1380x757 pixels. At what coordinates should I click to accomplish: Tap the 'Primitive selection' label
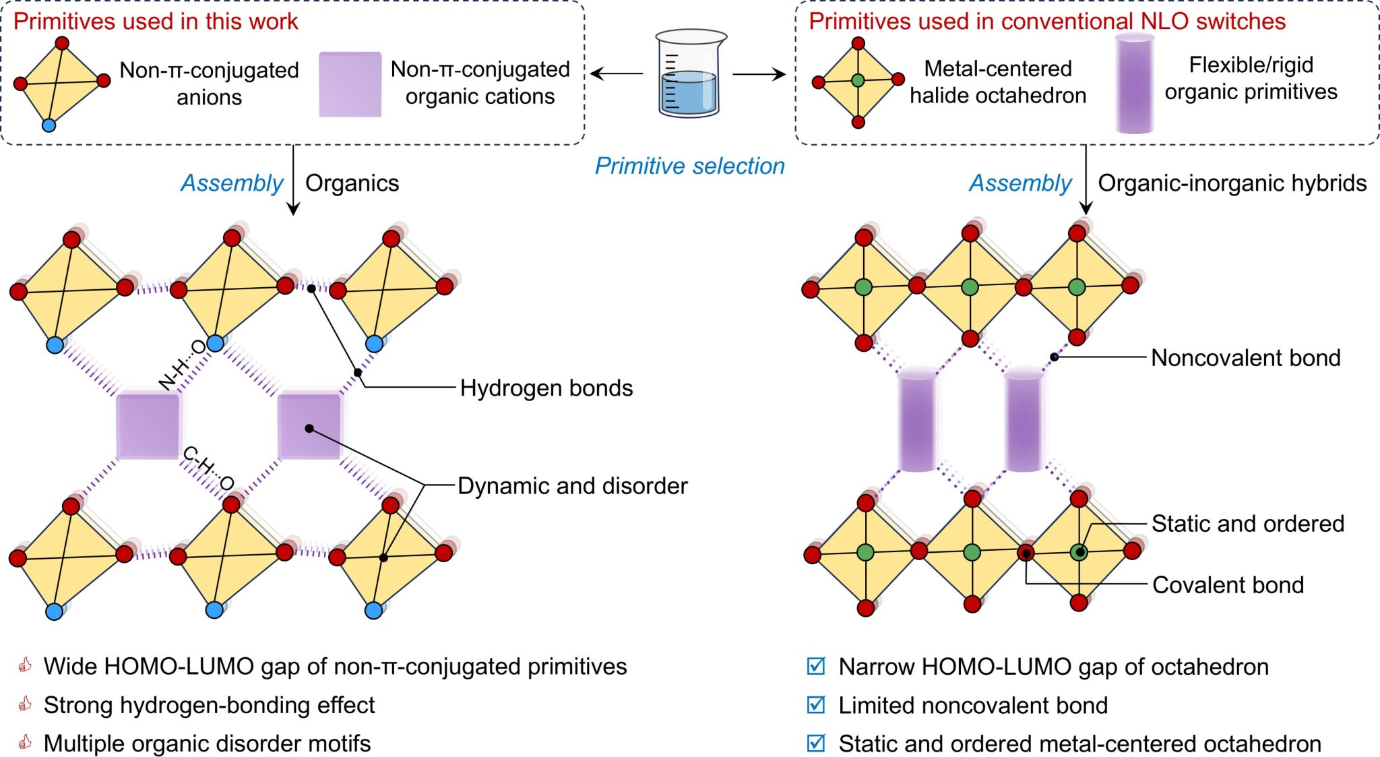click(689, 166)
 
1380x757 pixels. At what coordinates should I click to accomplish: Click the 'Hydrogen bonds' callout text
click(546, 388)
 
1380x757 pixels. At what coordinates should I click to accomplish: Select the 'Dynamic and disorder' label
click(573, 486)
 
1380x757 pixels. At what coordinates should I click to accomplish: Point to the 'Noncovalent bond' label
click(1246, 357)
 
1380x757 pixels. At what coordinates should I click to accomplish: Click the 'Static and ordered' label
click(1248, 524)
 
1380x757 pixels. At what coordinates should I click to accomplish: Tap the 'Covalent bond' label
click(1228, 584)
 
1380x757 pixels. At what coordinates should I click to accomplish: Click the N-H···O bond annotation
click(182, 365)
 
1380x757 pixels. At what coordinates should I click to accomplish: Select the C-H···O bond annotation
click(208, 467)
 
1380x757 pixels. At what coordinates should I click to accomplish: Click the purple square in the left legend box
click(350, 84)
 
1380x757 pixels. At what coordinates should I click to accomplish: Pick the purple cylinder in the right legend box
click(1135, 84)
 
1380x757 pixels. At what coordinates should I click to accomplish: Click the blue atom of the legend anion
click(49, 125)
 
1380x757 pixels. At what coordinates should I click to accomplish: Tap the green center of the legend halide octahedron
click(858, 81)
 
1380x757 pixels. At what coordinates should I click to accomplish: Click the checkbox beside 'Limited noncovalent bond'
click(816, 704)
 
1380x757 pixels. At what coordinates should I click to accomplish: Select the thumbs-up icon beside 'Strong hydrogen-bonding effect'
click(25, 704)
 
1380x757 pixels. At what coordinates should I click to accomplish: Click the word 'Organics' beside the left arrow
click(352, 183)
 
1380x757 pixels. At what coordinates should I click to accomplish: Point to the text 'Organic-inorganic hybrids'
click(1232, 183)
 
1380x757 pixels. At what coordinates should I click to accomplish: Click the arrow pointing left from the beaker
click(617, 73)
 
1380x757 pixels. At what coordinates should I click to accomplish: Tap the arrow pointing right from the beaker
click(759, 73)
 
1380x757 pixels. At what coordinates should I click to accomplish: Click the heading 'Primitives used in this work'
click(156, 22)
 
